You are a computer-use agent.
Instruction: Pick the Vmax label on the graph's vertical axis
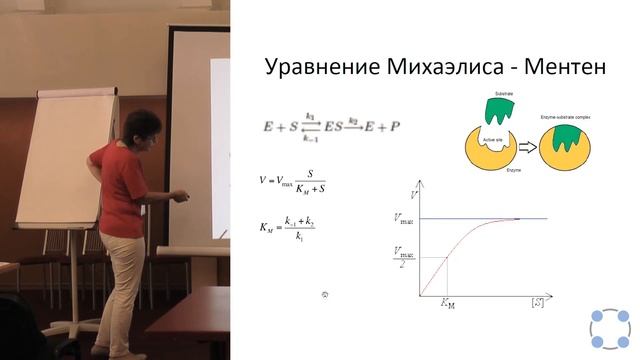click(402, 217)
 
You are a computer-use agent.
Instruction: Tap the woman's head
click(141, 128)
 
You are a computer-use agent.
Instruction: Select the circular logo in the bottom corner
click(609, 328)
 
